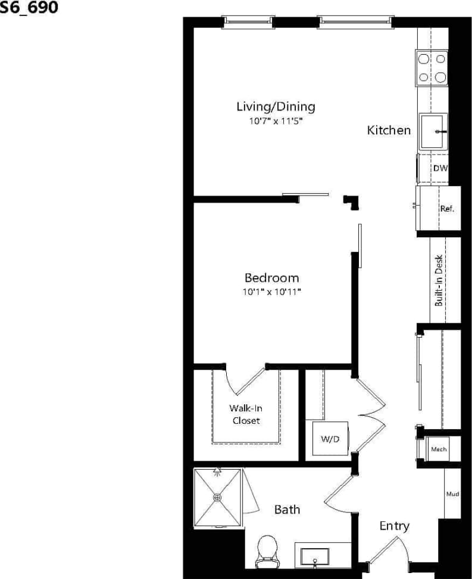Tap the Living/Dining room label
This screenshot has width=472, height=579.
pyautogui.click(x=275, y=107)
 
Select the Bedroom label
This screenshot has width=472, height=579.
pyautogui.click(x=271, y=278)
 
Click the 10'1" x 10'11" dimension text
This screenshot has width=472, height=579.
pyautogui.click(x=271, y=292)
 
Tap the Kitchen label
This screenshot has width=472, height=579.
pyautogui.click(x=389, y=130)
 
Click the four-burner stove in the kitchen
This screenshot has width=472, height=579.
pyautogui.click(x=432, y=68)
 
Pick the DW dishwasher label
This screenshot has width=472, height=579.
pyautogui.click(x=440, y=169)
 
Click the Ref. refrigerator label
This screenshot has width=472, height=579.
pyautogui.click(x=446, y=209)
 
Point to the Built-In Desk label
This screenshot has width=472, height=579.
pyautogui.click(x=439, y=280)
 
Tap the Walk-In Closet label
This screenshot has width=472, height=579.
pyautogui.click(x=245, y=414)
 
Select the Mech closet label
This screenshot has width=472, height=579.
pyautogui.click(x=439, y=449)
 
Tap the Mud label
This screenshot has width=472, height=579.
pyautogui.click(x=452, y=494)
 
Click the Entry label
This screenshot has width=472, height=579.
pyautogui.click(x=394, y=526)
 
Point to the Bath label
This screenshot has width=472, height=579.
pyautogui.click(x=287, y=509)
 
